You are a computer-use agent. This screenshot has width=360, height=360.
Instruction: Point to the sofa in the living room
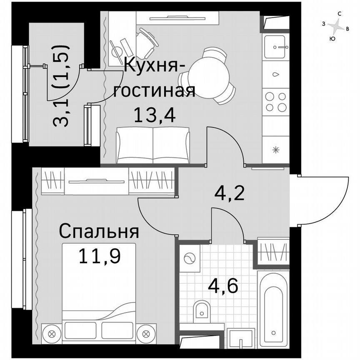(153, 145)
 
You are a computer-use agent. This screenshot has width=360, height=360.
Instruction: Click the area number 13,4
(155, 114)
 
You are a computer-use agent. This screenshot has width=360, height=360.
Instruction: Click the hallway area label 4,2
(229, 192)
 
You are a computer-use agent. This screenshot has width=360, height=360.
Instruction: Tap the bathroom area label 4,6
(223, 286)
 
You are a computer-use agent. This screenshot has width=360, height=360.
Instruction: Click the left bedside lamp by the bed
(52, 333)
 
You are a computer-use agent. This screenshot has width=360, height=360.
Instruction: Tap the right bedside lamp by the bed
(146, 333)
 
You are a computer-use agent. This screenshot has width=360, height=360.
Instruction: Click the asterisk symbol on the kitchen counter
(275, 150)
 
